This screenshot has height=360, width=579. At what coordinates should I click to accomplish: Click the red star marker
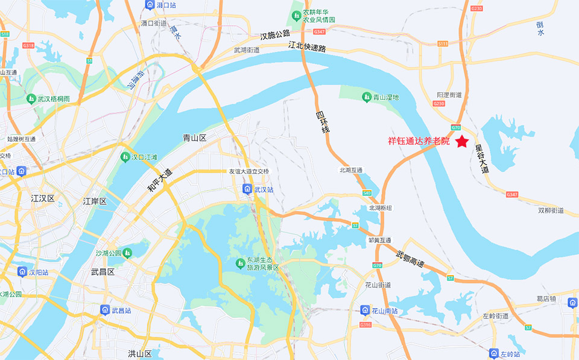pos(462,142)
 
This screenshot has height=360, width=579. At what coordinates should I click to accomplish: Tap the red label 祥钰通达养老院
pos(419,142)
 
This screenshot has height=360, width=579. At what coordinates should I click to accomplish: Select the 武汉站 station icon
pos(247,189)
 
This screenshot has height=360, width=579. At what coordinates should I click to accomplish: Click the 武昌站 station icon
pos(105,310)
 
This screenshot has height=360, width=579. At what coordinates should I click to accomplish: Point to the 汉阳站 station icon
pos(22,272)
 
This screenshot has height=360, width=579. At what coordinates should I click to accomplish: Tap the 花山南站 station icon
pos(365,311)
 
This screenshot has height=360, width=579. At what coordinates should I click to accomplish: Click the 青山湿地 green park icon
pos(365,96)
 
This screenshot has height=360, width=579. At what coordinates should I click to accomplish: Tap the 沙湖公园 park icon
pos(127,253)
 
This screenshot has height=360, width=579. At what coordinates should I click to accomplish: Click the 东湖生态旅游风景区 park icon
pos(240,264)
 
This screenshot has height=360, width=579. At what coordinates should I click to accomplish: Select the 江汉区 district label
pos(43,198)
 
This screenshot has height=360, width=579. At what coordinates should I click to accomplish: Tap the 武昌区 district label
pos(103,272)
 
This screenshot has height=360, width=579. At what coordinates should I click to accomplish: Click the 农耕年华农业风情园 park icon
pos(296,14)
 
